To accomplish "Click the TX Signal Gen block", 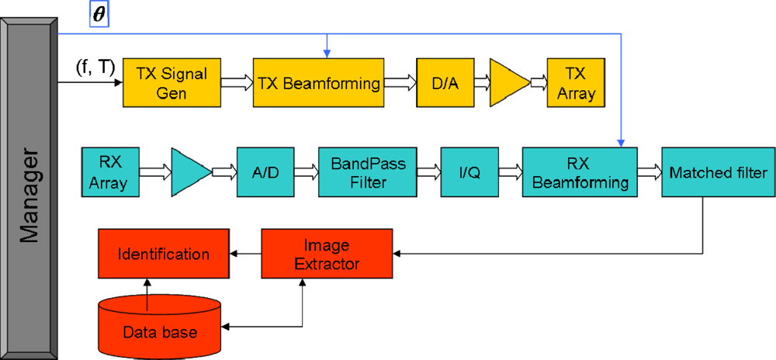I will (x=171, y=84).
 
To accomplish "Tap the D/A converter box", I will (x=445, y=84).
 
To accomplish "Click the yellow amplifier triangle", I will (x=507, y=84).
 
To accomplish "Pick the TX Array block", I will (x=575, y=84).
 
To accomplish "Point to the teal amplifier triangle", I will (x=189, y=173).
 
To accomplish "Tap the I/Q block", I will (x=469, y=173).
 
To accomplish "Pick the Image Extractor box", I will (x=327, y=254).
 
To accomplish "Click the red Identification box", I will (x=163, y=254).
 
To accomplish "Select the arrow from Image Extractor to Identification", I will (x=245, y=254).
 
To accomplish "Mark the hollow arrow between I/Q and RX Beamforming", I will (x=509, y=173).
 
